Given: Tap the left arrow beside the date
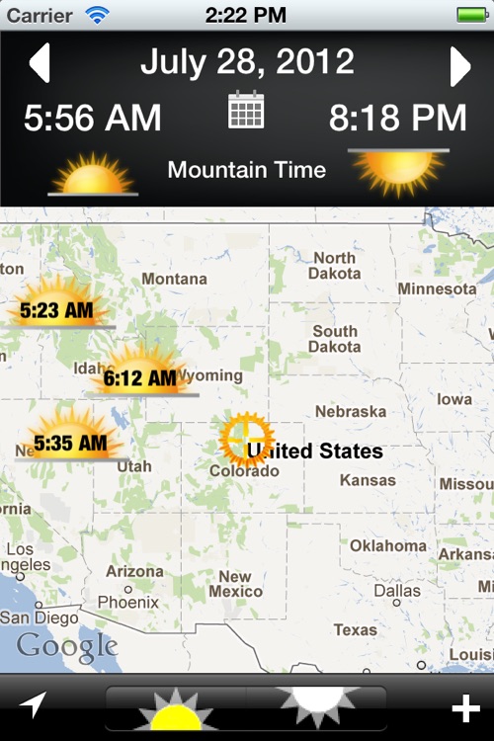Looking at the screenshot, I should point(40,64).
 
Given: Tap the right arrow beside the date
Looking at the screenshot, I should point(459,66).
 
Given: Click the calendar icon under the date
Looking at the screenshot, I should point(246,110).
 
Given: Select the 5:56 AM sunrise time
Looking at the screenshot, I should point(92,119).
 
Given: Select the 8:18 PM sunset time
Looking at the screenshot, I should point(398,119).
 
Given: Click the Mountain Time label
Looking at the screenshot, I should point(246,170).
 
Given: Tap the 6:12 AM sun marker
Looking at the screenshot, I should point(139,376).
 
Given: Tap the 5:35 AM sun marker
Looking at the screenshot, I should point(69,444).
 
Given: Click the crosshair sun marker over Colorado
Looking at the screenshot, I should point(246,439).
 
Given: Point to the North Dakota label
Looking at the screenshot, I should point(334,266).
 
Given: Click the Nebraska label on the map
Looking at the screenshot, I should point(350,411).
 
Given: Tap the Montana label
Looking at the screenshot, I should point(174,280).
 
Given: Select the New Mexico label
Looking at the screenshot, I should point(235,584).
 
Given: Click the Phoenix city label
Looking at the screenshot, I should point(127,602).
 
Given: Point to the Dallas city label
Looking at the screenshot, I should point(397,591).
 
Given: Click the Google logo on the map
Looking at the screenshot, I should point(67,647).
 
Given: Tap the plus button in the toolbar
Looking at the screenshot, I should point(465,708).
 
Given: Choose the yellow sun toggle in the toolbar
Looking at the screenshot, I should point(175,708).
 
